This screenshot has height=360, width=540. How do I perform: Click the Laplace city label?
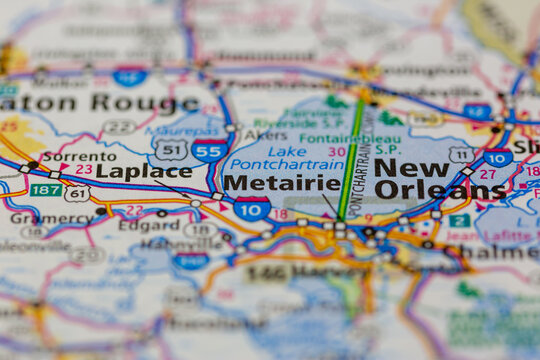click(x=143, y=171)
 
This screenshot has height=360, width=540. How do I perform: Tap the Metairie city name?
click(x=281, y=183)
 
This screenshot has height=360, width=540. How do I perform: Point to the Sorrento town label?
click(x=72, y=156)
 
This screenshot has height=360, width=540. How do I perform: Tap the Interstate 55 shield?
click(x=209, y=152)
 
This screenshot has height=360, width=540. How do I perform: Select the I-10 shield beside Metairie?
click(x=252, y=208)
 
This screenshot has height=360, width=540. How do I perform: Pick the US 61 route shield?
click(x=77, y=193)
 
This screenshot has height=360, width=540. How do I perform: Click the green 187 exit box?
click(x=46, y=190)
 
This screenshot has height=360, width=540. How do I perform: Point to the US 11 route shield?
click(x=461, y=155)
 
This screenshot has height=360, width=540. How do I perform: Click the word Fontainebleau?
click(x=336, y=139)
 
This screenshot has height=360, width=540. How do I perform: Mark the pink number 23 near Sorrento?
click(x=84, y=170)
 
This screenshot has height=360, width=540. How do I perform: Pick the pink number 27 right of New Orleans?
click(x=487, y=173)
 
